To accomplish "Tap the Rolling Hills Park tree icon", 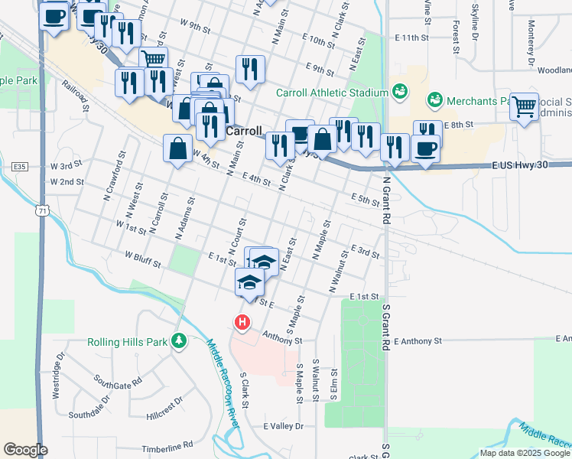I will [x=178, y=340].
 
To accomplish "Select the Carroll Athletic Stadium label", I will [x=333, y=93].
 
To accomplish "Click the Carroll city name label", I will [x=245, y=131].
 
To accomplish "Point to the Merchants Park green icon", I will [x=434, y=100].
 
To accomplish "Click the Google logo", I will [x=26, y=450].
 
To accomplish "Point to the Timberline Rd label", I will [x=171, y=445].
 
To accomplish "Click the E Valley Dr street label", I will [x=283, y=426].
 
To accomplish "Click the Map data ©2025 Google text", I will [x=525, y=453].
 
